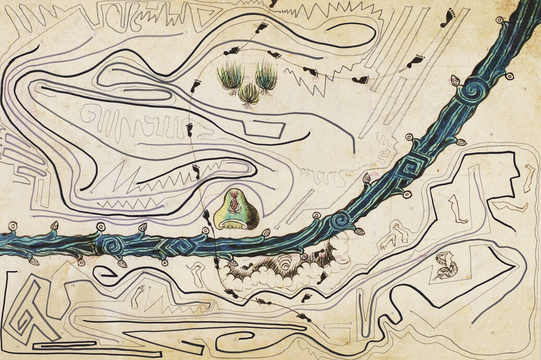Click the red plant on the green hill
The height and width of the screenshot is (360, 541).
point(234,203)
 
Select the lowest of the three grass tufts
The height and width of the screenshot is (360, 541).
point(249,94)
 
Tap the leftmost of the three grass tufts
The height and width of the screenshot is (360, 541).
point(230,76)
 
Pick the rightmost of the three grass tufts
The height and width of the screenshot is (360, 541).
point(266,77)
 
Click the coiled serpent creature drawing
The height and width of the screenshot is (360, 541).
point(445,265)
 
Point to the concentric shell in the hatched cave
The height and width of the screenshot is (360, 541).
point(285,264)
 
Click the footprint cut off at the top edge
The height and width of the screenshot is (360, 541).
point(273,3)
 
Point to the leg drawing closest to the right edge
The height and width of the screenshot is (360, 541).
point(529,177)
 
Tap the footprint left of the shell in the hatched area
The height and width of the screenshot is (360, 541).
point(246,267)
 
